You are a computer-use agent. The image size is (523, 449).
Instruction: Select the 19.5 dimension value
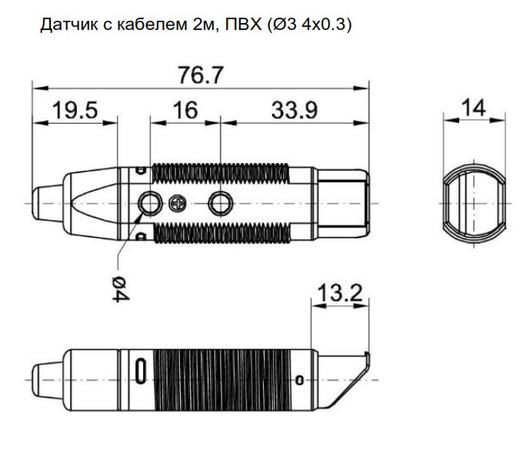[75, 110]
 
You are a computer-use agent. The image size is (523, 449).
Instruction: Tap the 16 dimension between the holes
[185, 110]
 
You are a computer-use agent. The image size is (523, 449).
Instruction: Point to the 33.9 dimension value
[294, 110]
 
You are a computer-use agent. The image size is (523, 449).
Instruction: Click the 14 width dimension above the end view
[475, 108]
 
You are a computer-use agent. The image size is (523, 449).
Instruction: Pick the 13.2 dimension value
[339, 292]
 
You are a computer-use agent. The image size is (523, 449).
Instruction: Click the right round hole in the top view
[222, 202]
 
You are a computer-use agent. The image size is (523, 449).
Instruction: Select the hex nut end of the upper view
[345, 202]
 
